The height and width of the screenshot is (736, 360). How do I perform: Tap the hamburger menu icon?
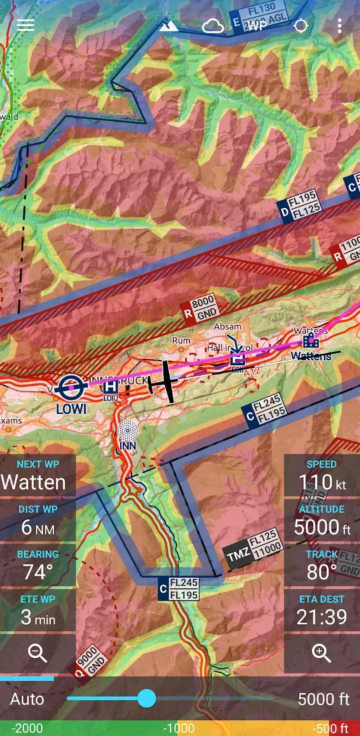pos(26,25)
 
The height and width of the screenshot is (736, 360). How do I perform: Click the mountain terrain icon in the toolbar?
pos(169,27)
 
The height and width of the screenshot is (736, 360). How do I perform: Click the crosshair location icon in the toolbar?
pos(301,26)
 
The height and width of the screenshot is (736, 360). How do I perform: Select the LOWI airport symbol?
pos(72,387)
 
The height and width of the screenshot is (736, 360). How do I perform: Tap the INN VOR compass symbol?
pos(128,431)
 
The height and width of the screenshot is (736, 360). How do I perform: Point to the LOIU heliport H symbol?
pos(110,386)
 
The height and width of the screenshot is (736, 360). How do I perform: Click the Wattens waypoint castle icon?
pos(310,341)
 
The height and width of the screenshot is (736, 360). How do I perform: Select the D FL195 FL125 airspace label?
pos(300,205)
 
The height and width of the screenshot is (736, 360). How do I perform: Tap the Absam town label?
pos(227,327)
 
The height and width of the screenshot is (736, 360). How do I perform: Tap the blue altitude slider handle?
pos(146,698)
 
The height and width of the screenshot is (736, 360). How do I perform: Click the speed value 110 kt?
pos(322,482)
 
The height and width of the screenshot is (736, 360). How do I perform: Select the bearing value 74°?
pos(38,572)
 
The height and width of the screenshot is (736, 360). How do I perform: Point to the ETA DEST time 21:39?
pos(321,617)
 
